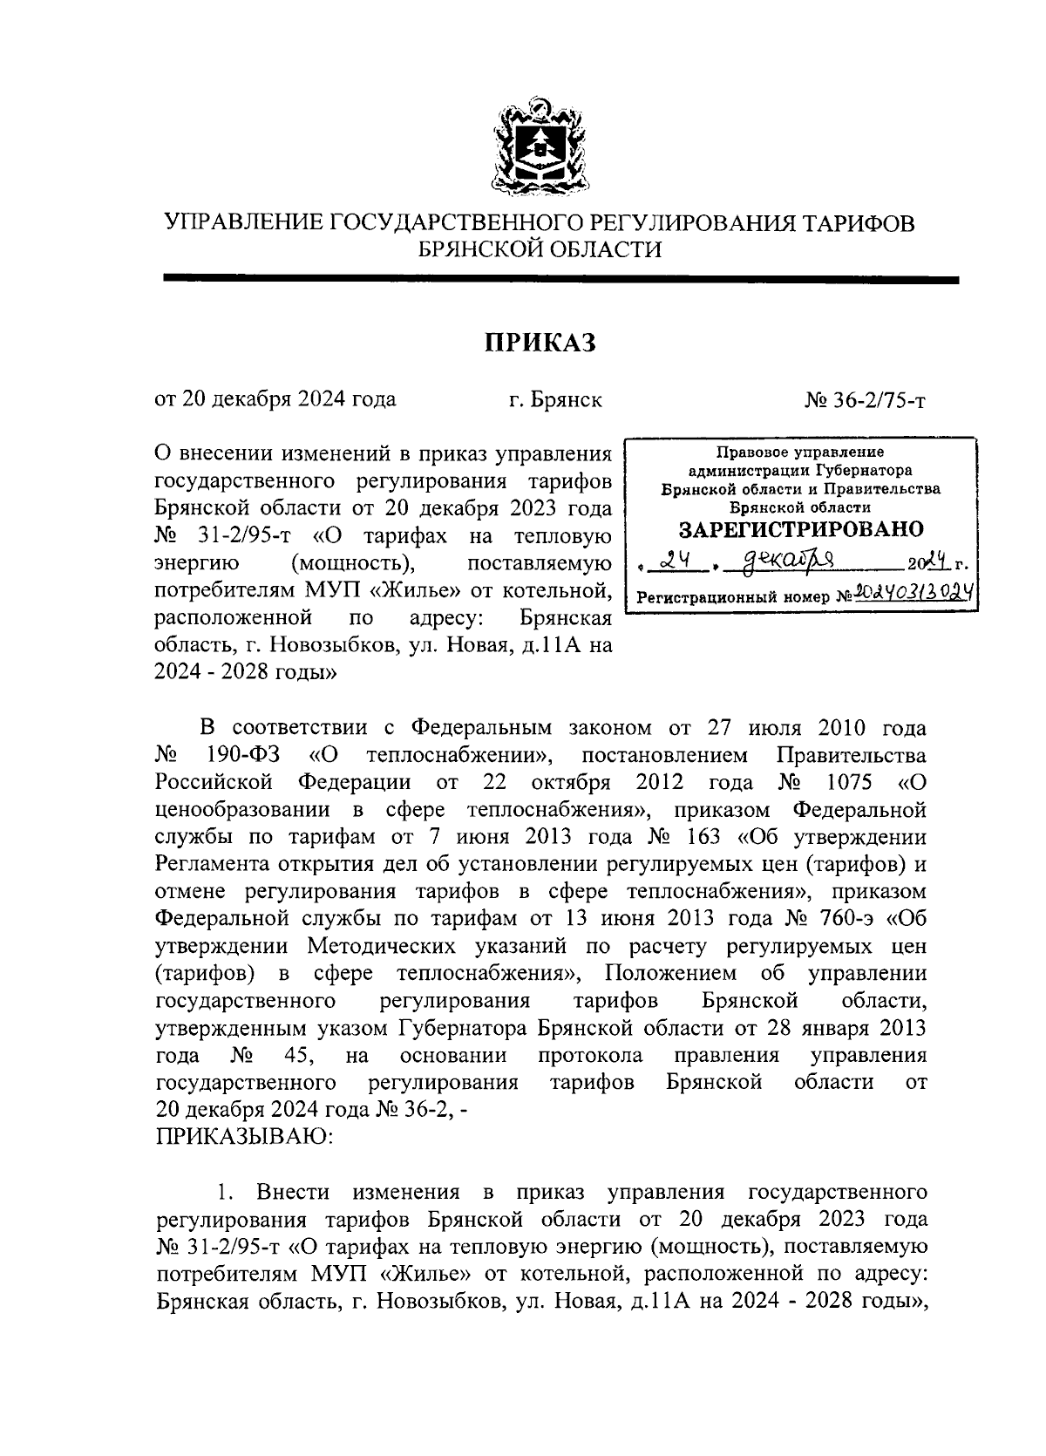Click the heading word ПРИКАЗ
(540, 343)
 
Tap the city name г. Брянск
(555, 400)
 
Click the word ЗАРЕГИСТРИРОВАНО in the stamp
(800, 529)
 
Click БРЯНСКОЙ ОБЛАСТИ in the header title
(540, 250)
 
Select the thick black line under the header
(560, 280)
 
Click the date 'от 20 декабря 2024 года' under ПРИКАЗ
(275, 400)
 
